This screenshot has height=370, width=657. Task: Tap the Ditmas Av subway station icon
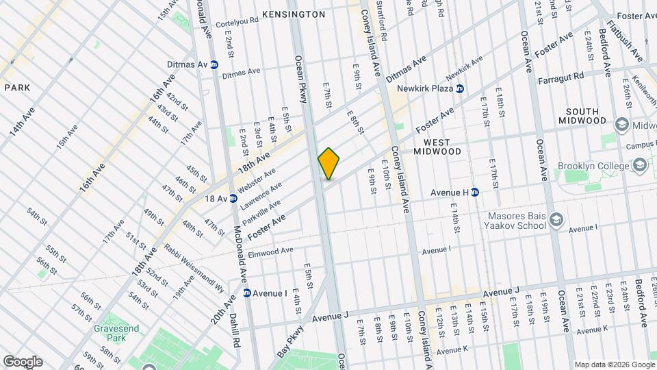point(214,64)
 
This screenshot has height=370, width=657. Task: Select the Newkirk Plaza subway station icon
point(460,88)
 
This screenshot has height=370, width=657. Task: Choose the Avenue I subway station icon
point(246,293)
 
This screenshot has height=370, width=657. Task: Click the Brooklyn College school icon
point(639,166)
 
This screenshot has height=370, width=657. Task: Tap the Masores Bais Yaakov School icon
point(556,220)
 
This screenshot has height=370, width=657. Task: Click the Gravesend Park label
point(116,334)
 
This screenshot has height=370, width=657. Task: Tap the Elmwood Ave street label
point(270,251)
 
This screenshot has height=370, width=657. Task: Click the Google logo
point(23,361)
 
